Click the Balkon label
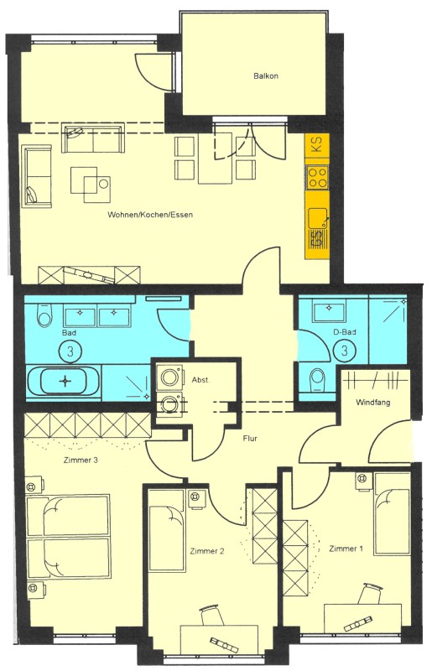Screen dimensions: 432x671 [265, 76]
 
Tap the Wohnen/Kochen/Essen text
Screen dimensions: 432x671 [150, 215]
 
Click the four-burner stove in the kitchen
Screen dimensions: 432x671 [317, 178]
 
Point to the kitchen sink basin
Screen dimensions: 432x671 [317, 218]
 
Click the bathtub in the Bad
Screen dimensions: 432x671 [65, 382]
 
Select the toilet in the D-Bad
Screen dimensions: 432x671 [317, 379]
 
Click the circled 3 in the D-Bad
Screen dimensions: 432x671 [345, 350]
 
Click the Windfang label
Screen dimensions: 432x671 [373, 403]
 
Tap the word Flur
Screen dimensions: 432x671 [250, 439]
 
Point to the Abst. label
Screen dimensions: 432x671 [200, 380]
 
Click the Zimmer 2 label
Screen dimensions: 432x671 [207, 551]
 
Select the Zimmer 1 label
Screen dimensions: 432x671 [346, 549]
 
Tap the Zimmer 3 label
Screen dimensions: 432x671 [81, 460]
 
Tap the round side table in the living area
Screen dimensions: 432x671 [103, 184]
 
